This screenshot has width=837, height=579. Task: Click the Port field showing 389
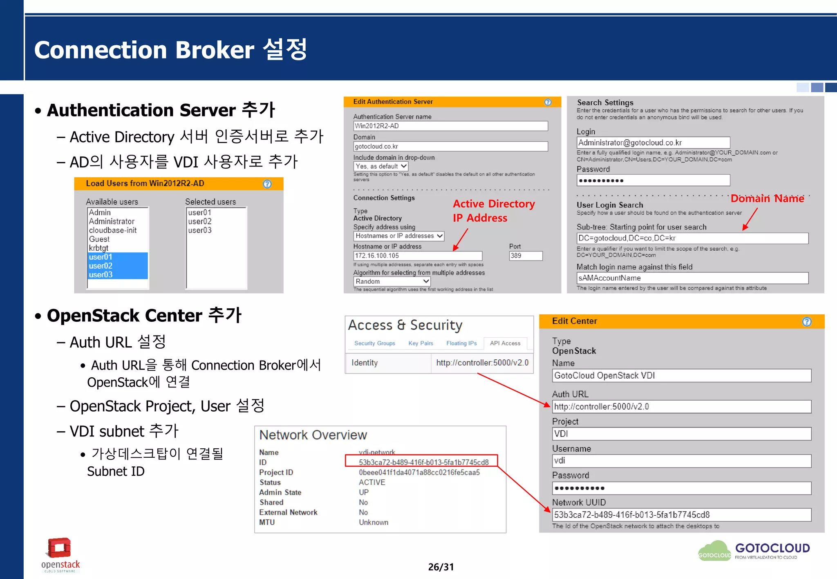[x=526, y=256]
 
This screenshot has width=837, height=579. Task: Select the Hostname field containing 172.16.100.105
[x=417, y=256]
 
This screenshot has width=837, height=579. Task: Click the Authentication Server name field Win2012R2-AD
[x=450, y=126]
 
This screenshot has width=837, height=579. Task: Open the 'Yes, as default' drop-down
[x=380, y=166]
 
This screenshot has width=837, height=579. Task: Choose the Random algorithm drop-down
[x=392, y=281]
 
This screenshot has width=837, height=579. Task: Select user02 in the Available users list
[x=117, y=266]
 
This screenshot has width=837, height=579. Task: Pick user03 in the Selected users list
[x=200, y=230]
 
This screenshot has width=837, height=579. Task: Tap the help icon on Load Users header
[x=267, y=184]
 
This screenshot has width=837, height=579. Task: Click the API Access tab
[x=505, y=343]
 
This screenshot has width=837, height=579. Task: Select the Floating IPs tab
[x=461, y=343]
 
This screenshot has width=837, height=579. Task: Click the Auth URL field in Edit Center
[x=681, y=407]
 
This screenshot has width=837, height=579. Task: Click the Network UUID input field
[x=681, y=515]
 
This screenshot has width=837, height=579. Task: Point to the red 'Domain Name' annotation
[x=767, y=198]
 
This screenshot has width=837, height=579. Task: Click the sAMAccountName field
[x=692, y=278]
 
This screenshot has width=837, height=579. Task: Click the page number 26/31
[x=441, y=567]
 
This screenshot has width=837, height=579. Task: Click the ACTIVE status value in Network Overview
[x=372, y=483]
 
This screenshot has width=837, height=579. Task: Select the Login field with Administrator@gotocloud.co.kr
[x=653, y=143]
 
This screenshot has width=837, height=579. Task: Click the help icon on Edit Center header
[x=806, y=322]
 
